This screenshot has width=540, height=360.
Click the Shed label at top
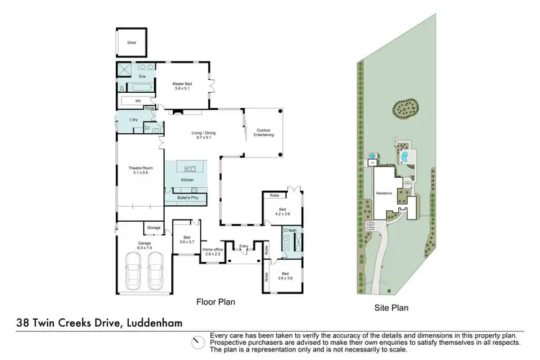pyautogui.click(x=131, y=42)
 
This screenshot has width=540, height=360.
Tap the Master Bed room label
pyautogui.click(x=181, y=86)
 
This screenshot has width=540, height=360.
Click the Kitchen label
pyautogui.click(x=187, y=179)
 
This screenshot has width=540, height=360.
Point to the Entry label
pyautogui.click(x=243, y=246)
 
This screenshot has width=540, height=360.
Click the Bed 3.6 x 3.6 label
pyautogui.click(x=285, y=276)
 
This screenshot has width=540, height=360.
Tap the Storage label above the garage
pyautogui.click(x=153, y=228)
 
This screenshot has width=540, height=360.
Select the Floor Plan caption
pyautogui.click(x=216, y=302)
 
